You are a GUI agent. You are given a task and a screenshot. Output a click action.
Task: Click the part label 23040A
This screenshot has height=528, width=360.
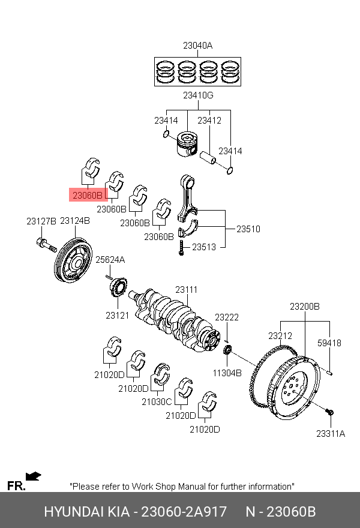[x=198, y=46]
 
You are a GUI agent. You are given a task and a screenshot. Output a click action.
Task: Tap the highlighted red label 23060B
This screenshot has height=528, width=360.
[x=88, y=195]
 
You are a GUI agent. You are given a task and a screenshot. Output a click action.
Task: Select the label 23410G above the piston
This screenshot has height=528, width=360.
[x=198, y=95]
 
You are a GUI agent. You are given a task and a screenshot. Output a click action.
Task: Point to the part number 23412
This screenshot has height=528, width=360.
[x=209, y=121]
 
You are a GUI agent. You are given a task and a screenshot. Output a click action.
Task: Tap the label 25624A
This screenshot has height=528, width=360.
[x=110, y=260]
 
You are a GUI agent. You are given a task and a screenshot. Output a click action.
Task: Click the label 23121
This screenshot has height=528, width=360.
[x=118, y=315]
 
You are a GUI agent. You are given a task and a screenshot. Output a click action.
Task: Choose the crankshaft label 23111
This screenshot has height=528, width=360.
[x=186, y=290]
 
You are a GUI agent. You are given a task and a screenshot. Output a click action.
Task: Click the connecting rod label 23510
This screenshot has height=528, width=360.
[x=248, y=229]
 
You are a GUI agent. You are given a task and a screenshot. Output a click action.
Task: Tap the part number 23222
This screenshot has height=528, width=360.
[x=227, y=317]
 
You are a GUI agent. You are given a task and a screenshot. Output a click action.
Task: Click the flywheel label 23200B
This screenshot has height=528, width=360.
[x=305, y=307]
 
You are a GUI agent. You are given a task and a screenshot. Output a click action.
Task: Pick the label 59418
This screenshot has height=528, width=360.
[x=329, y=343]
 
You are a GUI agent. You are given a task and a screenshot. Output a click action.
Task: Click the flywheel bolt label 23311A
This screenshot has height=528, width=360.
[x=331, y=433]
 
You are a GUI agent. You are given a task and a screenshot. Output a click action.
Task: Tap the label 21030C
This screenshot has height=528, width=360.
[x=157, y=402]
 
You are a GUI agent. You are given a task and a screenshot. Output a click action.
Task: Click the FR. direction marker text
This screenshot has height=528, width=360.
[x=16, y=486]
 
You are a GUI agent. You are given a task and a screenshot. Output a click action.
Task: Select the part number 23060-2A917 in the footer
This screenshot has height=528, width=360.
[x=184, y=512]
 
